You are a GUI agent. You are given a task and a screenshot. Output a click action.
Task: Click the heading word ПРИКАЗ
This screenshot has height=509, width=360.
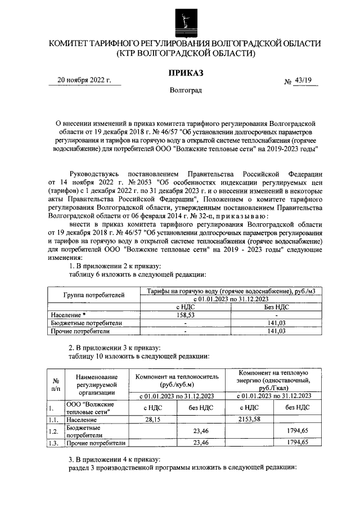click(x=185, y=72)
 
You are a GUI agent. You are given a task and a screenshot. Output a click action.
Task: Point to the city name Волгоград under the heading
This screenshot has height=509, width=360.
click(x=185, y=90)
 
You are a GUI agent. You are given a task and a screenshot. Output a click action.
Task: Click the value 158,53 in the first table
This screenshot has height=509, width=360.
click(x=185, y=315)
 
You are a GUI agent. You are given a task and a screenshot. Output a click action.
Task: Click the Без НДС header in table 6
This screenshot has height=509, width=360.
click(x=276, y=307)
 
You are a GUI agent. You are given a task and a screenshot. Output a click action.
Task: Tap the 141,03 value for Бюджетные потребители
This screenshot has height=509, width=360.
click(x=276, y=323)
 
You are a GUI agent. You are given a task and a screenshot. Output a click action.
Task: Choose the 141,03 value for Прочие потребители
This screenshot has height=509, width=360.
click(x=276, y=331)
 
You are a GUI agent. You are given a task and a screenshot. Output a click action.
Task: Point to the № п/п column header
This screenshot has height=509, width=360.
click(x=56, y=384)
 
